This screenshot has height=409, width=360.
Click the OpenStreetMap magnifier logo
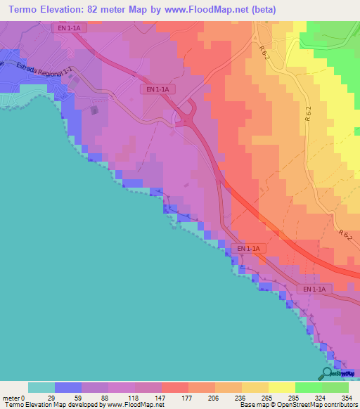click(328, 373)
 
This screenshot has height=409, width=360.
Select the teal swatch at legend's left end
click(41, 387)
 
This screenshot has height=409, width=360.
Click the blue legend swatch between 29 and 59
click(68, 387)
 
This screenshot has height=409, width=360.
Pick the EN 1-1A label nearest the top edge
click(68, 27)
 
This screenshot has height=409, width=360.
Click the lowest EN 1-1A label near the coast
click(314, 289)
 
